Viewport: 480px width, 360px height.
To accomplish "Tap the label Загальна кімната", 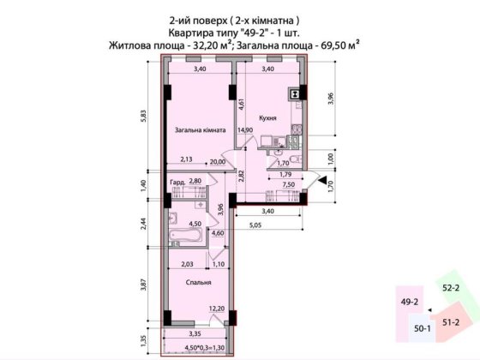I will [201, 131].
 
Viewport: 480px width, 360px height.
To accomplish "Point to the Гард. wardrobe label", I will [178, 183].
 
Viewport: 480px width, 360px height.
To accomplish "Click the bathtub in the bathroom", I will [185, 234].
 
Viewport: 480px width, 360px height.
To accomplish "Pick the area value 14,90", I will [246, 130].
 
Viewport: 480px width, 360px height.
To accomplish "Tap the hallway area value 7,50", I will [289, 183].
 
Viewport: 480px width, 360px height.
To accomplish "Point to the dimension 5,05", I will [255, 225].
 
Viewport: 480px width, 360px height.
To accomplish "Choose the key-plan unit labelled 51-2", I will [452, 321].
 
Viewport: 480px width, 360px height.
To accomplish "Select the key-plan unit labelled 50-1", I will [422, 328].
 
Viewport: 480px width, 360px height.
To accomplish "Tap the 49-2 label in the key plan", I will [409, 303].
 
